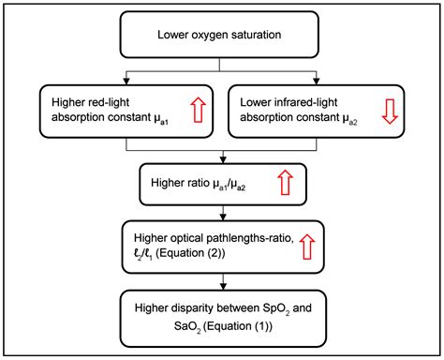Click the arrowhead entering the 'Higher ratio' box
click(221, 161)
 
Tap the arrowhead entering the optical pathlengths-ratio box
click(221, 217)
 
